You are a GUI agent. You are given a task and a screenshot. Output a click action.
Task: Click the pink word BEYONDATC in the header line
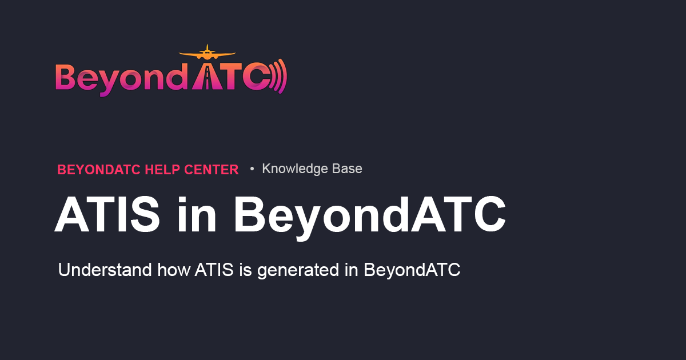coord(99,170)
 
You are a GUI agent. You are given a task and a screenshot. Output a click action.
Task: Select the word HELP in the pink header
coord(163,170)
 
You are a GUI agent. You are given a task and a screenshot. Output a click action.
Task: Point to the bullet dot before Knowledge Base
coord(252,169)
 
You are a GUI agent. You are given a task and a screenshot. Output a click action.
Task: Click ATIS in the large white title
coord(107,215)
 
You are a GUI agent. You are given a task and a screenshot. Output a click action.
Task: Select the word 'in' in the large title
coord(197,215)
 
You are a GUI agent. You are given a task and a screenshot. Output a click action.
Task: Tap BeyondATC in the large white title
coord(369,215)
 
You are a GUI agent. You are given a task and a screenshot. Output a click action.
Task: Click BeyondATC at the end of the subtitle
coord(412,270)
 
